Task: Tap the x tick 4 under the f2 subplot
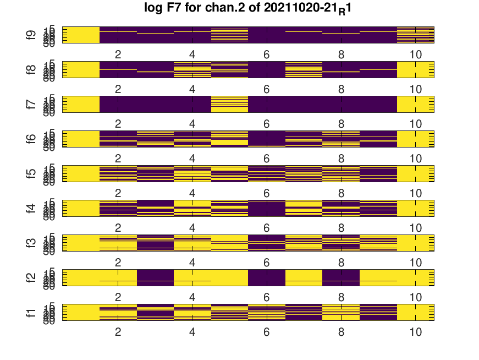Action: pyautogui.click(x=192, y=298)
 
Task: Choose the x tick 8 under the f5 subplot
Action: pyautogui.click(x=341, y=194)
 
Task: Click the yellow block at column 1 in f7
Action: pyautogui.click(x=81, y=105)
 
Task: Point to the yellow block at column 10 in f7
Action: pyautogui.click(x=416, y=105)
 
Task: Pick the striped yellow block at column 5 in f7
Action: pyautogui.click(x=229, y=105)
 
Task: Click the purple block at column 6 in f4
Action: pyautogui.click(x=267, y=209)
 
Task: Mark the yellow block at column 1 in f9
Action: pyautogui.click(x=81, y=35)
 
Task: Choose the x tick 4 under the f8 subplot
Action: pyautogui.click(x=192, y=90)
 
